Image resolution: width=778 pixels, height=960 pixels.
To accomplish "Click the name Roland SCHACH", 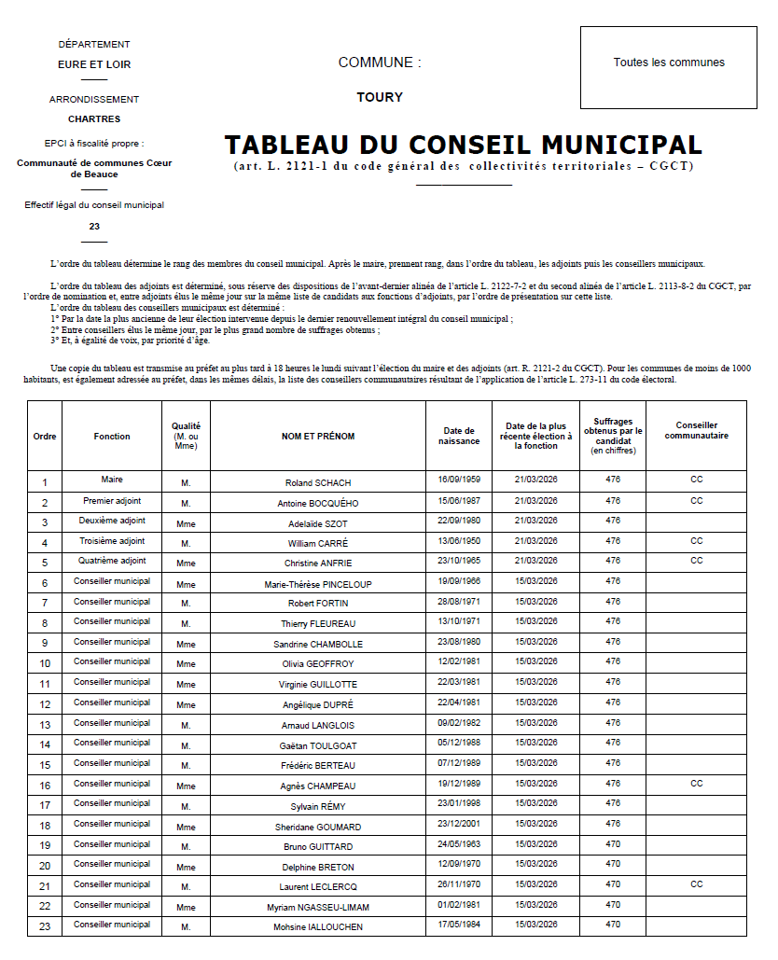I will (x=317, y=483).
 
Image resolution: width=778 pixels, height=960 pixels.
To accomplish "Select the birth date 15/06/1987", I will (x=459, y=501).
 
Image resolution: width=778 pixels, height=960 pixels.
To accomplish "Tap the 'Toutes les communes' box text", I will (x=669, y=63).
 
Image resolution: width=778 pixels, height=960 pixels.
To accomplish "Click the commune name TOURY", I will (x=380, y=97).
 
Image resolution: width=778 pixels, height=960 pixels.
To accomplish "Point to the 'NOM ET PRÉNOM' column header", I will (x=317, y=436).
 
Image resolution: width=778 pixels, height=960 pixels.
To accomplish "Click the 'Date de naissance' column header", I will (x=459, y=436).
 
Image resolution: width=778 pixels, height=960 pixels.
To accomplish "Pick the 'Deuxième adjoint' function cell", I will (x=112, y=521).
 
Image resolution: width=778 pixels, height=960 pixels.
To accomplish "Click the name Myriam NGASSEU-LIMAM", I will (x=317, y=907).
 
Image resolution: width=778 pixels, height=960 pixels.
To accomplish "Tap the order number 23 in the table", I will (x=45, y=926).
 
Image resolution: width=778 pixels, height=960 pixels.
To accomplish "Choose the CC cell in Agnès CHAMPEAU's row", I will (x=696, y=784).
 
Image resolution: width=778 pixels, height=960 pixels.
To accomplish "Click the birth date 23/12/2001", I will (x=459, y=824).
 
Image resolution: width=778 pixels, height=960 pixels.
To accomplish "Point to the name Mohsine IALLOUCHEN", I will (x=317, y=927).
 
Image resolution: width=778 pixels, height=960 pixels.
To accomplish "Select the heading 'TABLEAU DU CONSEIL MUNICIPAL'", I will (x=463, y=146).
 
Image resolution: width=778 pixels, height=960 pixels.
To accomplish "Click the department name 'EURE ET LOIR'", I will (x=94, y=64).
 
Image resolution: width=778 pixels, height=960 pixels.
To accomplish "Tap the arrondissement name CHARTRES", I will (x=94, y=119).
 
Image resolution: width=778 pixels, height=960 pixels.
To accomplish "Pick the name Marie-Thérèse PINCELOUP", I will (x=317, y=585).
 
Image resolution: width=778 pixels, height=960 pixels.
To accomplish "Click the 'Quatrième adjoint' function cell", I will (x=112, y=561).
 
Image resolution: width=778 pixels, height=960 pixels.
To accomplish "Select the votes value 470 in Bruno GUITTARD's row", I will (x=613, y=844).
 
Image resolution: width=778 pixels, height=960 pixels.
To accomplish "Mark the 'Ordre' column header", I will (x=45, y=436).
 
